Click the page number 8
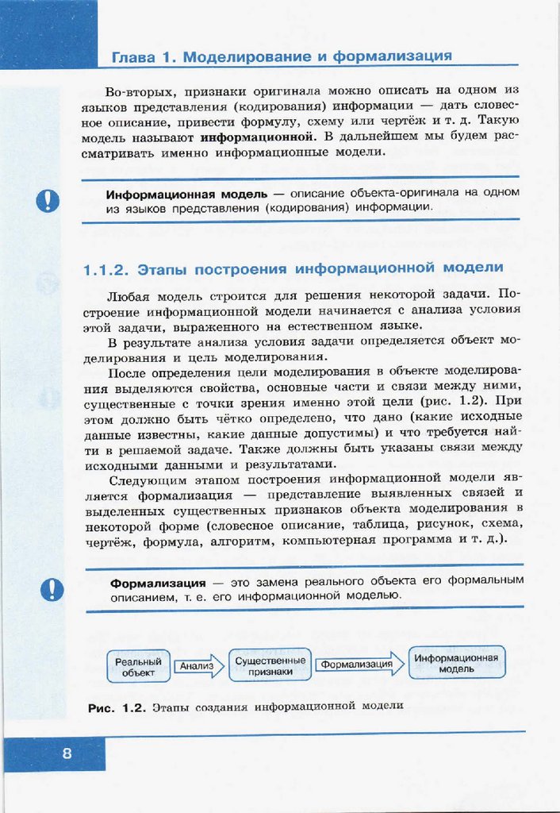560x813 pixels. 67,753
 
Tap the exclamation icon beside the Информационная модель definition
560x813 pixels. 48,199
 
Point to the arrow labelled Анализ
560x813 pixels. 196,666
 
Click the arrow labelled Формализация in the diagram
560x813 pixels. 359,665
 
